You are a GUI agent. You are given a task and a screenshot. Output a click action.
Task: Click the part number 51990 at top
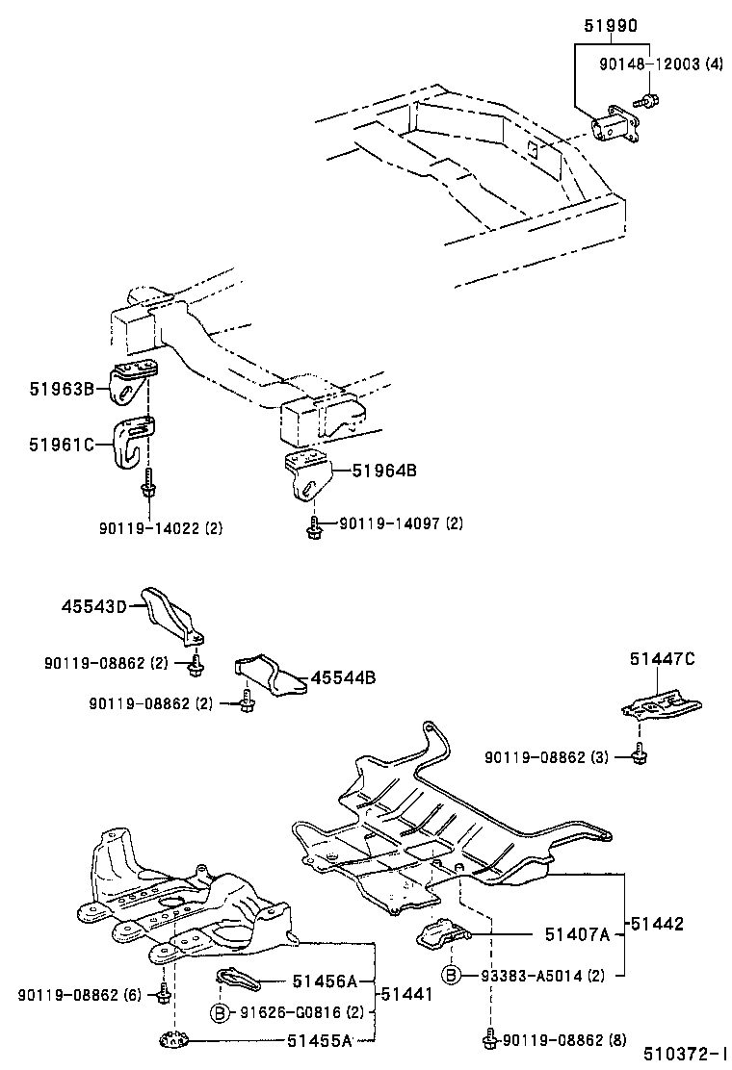pos(611,26)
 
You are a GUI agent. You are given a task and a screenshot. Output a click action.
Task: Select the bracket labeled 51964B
pos(309,473)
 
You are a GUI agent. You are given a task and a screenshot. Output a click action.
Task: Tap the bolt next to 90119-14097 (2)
pos(315,523)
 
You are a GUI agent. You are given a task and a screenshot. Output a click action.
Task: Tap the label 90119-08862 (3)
pos(547,758)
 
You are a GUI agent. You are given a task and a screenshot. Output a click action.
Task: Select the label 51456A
pos(325,981)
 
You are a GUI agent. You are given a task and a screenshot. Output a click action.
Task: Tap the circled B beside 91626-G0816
pos(220,1012)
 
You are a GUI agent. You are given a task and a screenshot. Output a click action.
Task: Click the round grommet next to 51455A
pos(173,1041)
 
